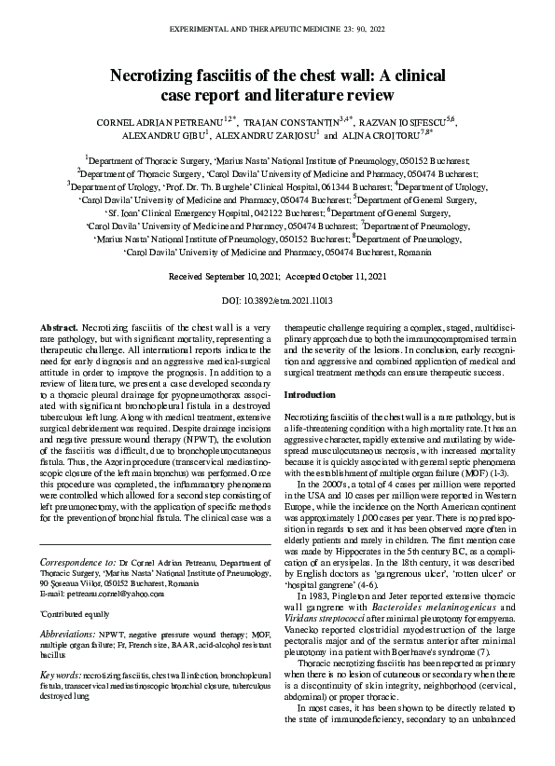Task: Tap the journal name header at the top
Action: pos(277,30)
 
